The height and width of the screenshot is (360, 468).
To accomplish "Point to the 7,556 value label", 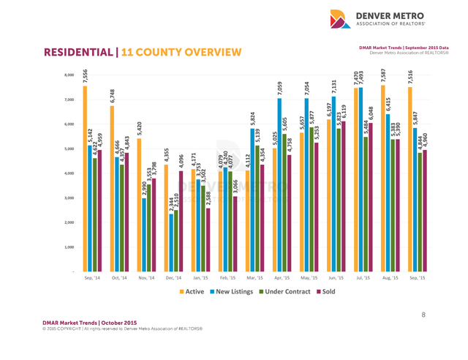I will [85, 75].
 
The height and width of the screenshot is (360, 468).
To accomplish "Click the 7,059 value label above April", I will [279, 89].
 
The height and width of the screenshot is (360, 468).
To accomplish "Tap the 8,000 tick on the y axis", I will [69, 75].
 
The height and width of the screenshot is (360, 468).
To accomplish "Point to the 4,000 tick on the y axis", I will [69, 173].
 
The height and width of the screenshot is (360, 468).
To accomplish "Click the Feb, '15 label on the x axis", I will [227, 279].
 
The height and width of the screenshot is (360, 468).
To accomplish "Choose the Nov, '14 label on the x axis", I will [146, 279].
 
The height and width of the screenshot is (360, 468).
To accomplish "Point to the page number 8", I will [423, 316].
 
